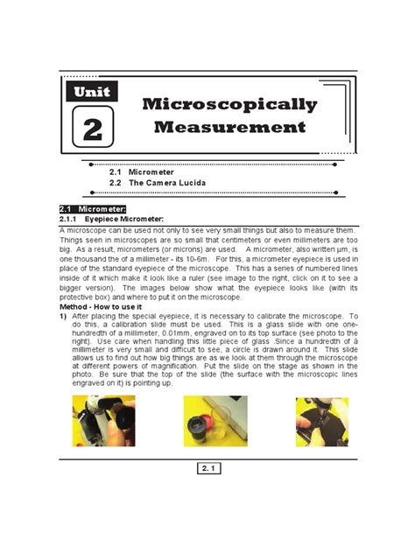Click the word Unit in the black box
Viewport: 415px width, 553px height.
92,90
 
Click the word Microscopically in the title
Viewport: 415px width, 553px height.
229,105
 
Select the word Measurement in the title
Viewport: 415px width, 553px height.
229,128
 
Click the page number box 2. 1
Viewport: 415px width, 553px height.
207,470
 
